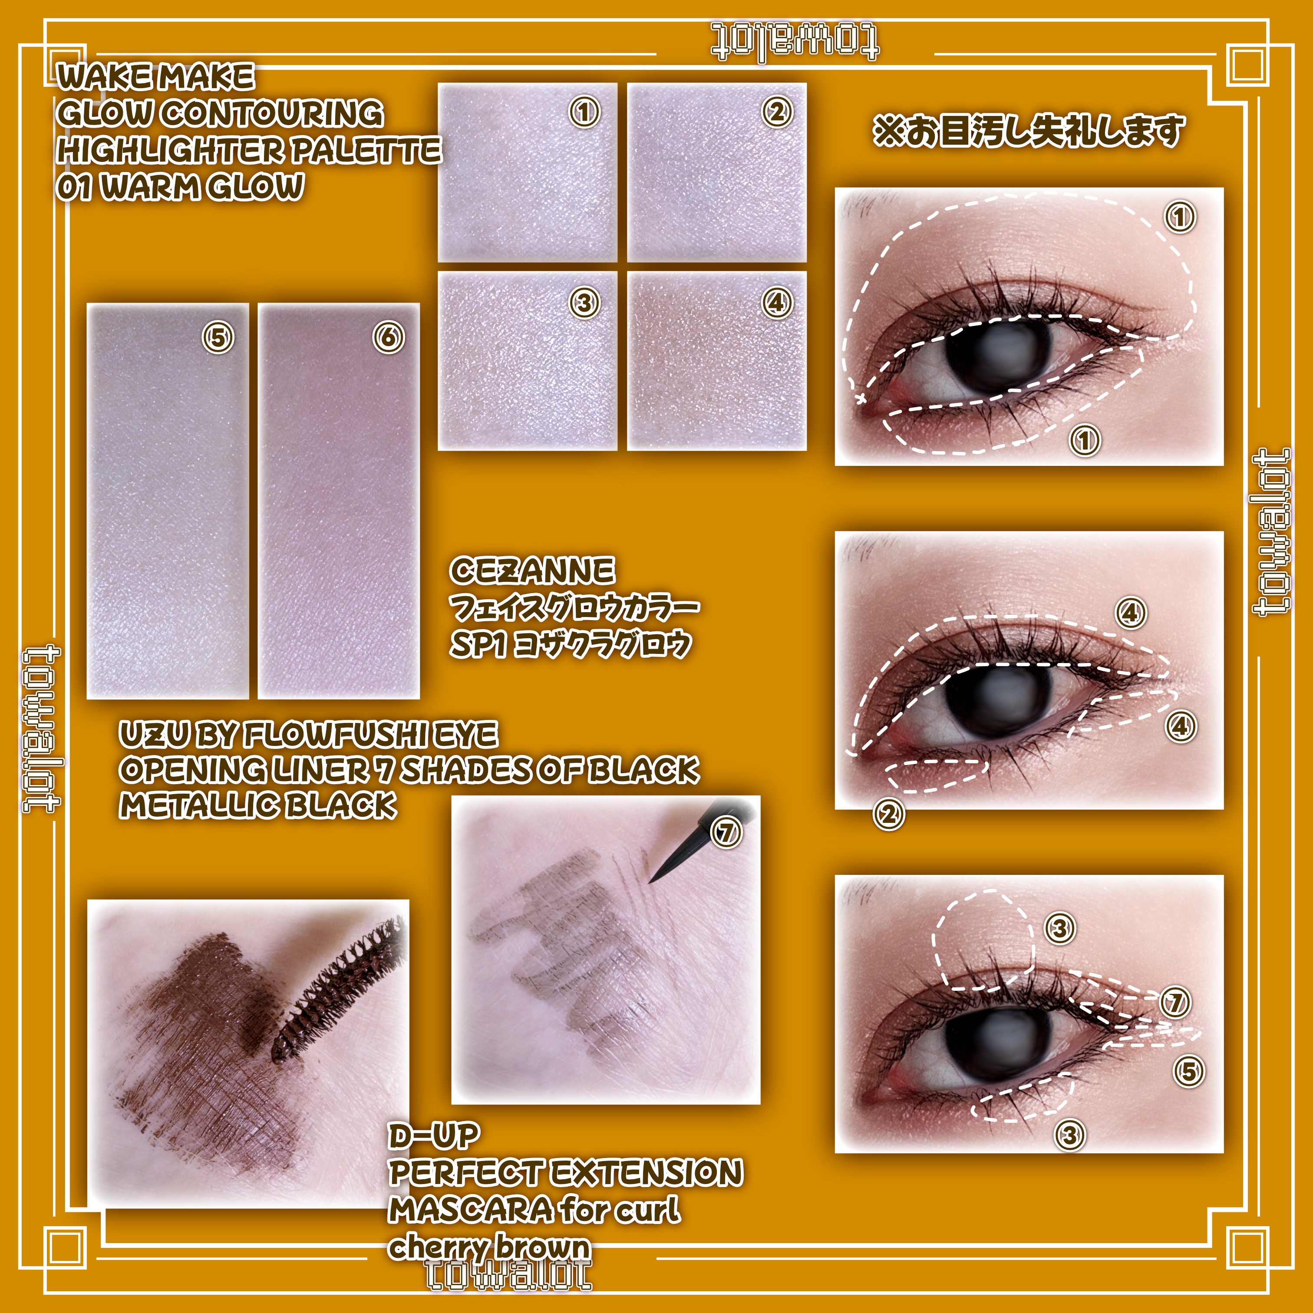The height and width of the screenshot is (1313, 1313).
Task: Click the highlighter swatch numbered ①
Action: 528,173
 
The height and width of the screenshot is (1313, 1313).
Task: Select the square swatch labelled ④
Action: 716,361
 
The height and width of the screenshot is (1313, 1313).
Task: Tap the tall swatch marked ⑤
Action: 168,501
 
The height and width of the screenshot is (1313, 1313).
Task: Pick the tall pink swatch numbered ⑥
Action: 338,501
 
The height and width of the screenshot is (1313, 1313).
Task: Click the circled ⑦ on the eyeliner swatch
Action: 726,831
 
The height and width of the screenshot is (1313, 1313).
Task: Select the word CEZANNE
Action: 532,571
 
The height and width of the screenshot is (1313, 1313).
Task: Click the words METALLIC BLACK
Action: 257,806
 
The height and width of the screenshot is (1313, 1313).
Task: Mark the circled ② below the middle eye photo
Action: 889,813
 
